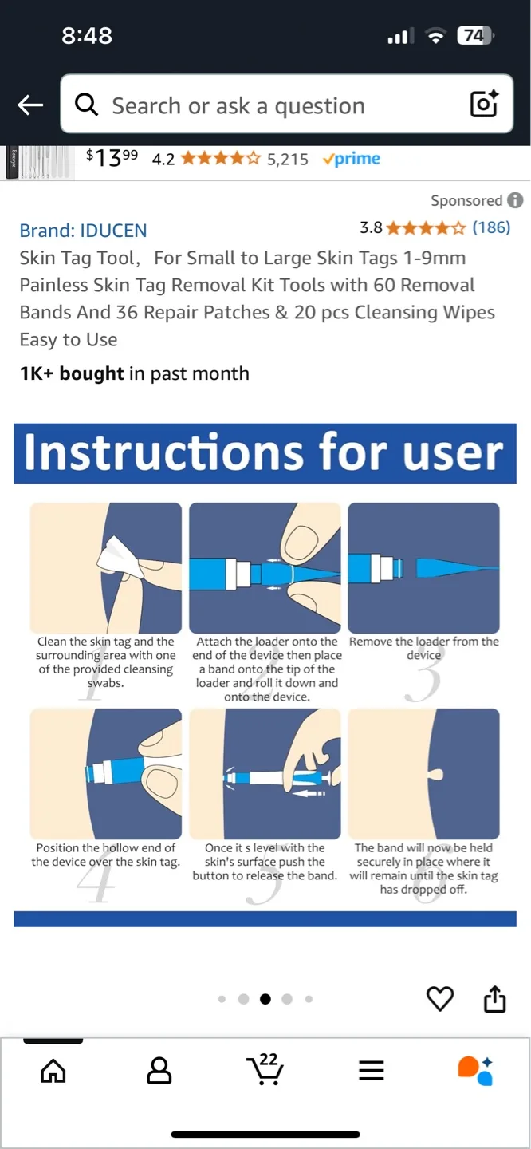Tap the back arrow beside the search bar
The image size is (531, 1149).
pyautogui.click(x=30, y=105)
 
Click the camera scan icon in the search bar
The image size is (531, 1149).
pyautogui.click(x=484, y=105)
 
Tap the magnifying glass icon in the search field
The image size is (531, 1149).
pyautogui.click(x=86, y=105)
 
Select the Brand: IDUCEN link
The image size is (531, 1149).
pyautogui.click(x=83, y=231)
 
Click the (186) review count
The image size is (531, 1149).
pyautogui.click(x=490, y=227)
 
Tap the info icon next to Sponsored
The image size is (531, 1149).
pyautogui.click(x=516, y=200)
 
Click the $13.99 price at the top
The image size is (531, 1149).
pyautogui.click(x=112, y=158)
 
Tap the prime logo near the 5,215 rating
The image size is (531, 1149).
pyautogui.click(x=351, y=159)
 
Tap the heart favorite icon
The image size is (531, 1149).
pyautogui.click(x=440, y=998)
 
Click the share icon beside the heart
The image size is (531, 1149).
pyautogui.click(x=495, y=998)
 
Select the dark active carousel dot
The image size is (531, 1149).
pyautogui.click(x=265, y=999)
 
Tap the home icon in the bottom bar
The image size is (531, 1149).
pyautogui.click(x=53, y=1071)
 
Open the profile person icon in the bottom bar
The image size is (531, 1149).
pyautogui.click(x=159, y=1071)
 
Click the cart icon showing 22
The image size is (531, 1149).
pyautogui.click(x=265, y=1069)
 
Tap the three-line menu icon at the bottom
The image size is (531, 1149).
pyautogui.click(x=372, y=1071)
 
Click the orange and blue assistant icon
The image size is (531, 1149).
pyautogui.click(x=475, y=1071)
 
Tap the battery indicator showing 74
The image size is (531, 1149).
pyautogui.click(x=475, y=35)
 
